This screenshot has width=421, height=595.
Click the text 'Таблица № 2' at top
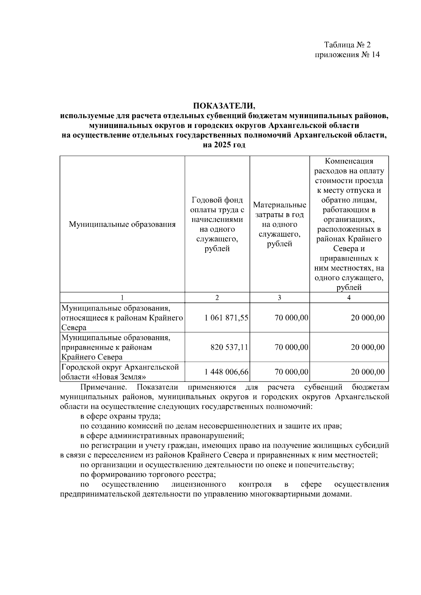(x=347, y=45)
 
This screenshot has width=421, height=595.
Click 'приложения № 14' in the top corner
(x=347, y=55)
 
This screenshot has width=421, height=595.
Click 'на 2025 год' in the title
(x=224, y=145)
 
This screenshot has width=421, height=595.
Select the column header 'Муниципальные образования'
(x=122, y=224)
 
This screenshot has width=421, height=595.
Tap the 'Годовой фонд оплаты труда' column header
(x=217, y=224)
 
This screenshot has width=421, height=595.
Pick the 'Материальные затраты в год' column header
(x=280, y=224)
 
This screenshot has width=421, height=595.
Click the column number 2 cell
(x=217, y=298)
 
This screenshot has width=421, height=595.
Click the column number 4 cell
(x=349, y=298)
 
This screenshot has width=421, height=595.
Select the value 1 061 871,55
(x=226, y=318)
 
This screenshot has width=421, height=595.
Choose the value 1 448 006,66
(x=226, y=372)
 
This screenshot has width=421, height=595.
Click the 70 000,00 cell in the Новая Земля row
(x=292, y=372)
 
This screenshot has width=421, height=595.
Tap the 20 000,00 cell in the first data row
(x=368, y=318)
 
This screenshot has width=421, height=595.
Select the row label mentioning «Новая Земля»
(x=120, y=372)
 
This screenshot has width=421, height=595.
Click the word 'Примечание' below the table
(x=103, y=387)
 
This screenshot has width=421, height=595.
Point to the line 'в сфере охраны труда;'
(x=120, y=417)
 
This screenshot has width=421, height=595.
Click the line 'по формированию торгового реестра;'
(x=148, y=475)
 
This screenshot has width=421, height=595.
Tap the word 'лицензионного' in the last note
(x=199, y=485)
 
